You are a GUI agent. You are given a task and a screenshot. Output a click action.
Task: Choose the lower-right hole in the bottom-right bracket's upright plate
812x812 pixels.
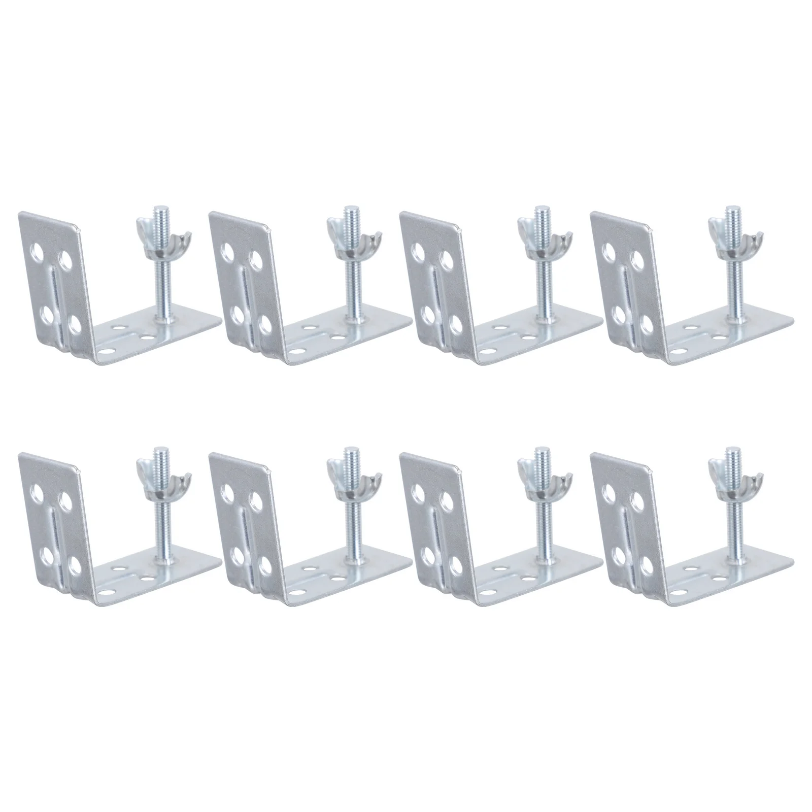pos(647,564)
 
